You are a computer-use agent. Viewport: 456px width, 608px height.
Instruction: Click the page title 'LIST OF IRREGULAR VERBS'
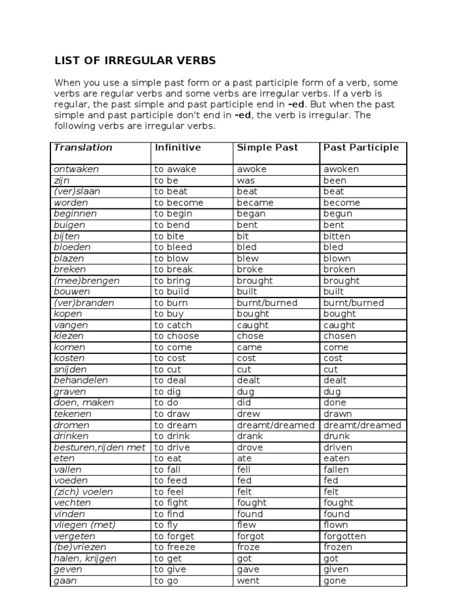tap(135, 61)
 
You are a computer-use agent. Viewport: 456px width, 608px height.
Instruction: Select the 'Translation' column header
tap(83, 147)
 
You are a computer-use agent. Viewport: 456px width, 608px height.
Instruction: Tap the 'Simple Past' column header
tap(267, 147)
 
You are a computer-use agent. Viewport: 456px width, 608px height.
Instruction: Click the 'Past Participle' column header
tap(361, 147)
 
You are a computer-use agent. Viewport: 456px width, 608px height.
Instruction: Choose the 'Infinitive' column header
tap(178, 147)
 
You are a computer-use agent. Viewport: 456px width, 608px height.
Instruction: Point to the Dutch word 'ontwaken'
tap(76, 169)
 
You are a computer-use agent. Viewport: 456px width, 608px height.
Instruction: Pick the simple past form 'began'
tap(251, 214)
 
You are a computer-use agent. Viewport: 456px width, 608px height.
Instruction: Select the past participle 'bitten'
tap(337, 236)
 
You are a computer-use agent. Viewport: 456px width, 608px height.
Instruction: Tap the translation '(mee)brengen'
tap(86, 280)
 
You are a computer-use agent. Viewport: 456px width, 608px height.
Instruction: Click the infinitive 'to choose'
tap(176, 336)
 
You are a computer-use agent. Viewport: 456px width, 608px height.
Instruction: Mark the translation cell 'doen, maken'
tap(84, 403)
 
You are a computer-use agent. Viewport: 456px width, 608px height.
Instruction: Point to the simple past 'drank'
tap(249, 436)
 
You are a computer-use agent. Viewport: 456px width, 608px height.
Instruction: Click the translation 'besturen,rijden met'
tap(99, 447)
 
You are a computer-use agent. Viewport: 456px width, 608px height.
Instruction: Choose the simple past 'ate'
tap(244, 458)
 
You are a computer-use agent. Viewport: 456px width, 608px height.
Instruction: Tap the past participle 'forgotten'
tap(344, 536)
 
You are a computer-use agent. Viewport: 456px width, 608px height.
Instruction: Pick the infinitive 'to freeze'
tap(174, 547)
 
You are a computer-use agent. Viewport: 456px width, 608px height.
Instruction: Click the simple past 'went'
tap(248, 581)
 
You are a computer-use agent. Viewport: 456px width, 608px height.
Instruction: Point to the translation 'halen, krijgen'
tap(85, 558)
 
